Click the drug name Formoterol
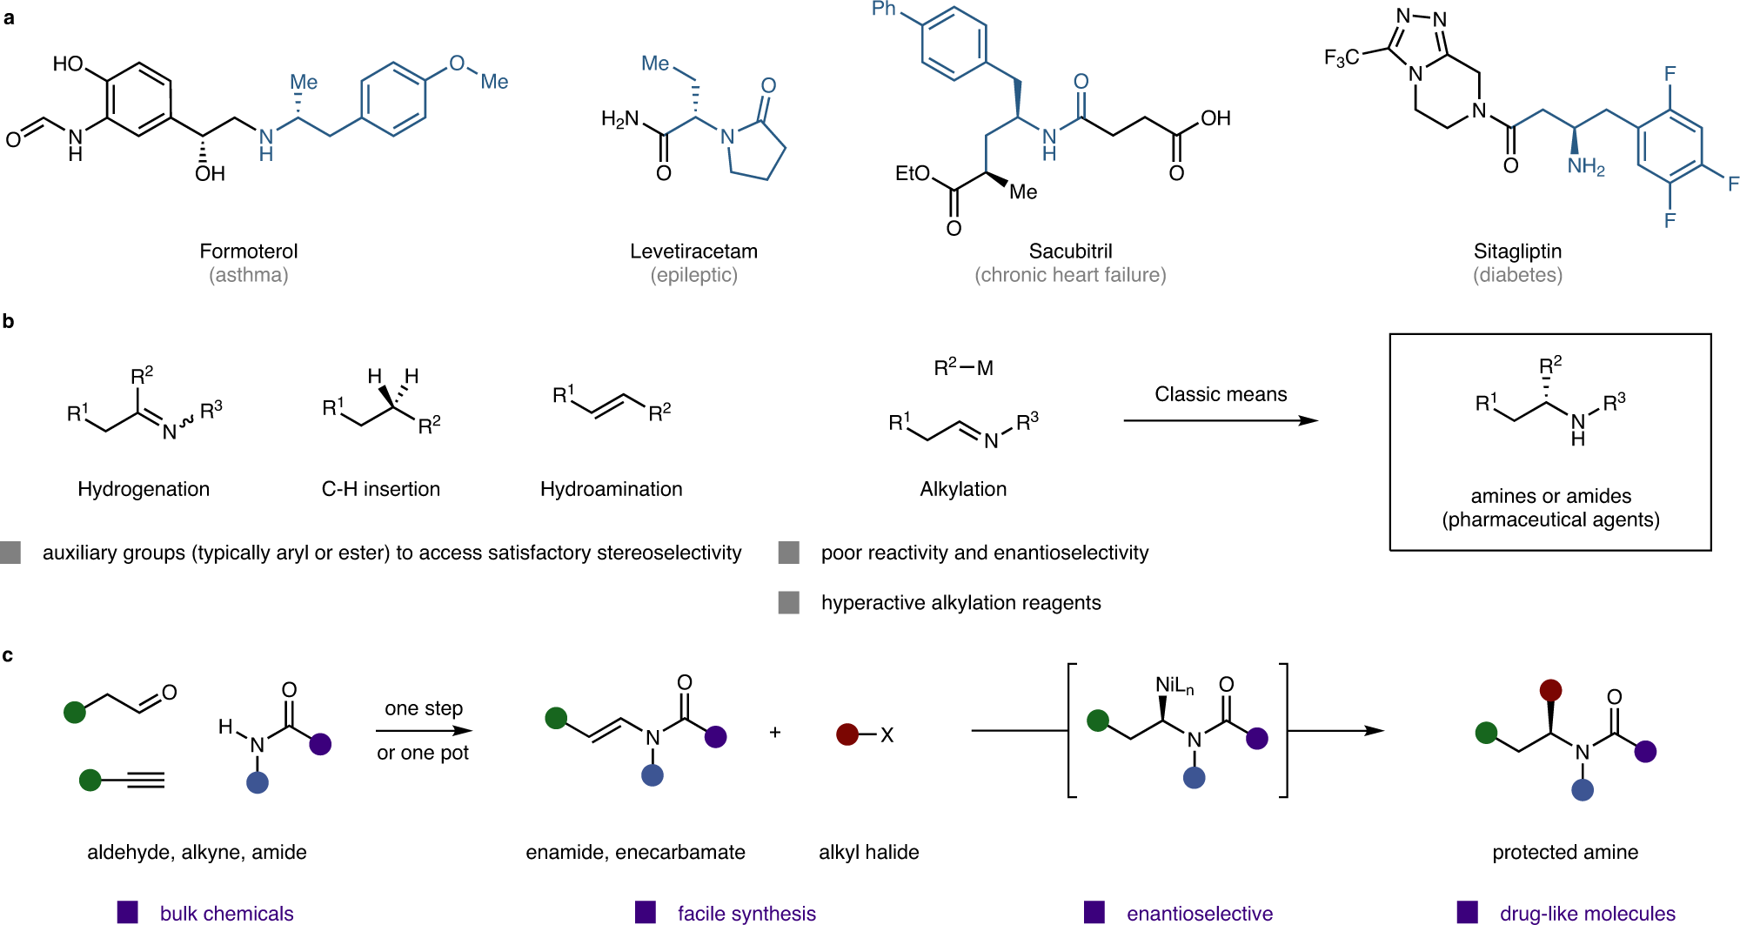[248, 251]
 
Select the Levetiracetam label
[693, 251]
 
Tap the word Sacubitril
[1070, 251]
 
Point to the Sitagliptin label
[1517, 251]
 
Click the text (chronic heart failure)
[1070, 275]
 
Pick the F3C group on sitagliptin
[1342, 58]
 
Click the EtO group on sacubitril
[913, 174]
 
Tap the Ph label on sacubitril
[884, 10]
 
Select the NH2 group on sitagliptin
[1585, 167]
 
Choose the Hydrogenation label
[144, 489]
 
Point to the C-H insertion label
[381, 489]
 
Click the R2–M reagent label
[963, 368]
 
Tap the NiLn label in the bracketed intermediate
[1174, 686]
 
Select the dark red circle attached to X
[847, 734]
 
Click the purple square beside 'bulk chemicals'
[128, 912]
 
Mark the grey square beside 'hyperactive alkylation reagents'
[789, 602]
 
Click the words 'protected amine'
[1565, 853]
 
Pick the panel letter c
[8, 655]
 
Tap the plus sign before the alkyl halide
[775, 733]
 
